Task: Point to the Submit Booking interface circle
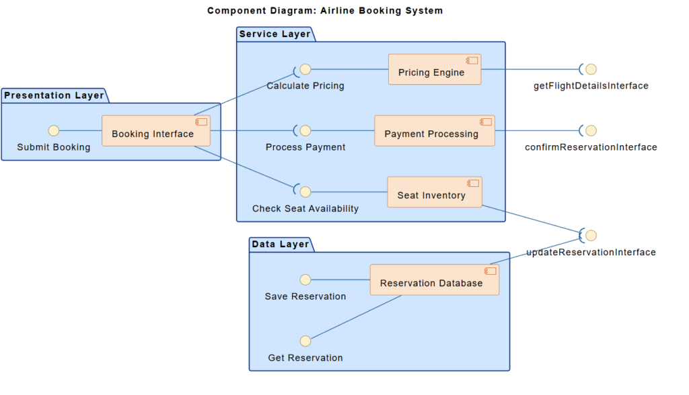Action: (54, 130)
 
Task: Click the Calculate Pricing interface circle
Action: (305, 69)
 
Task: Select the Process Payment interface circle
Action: (305, 130)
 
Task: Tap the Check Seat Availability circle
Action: (305, 192)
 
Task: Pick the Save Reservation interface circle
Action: (305, 279)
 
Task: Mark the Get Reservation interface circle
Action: (305, 341)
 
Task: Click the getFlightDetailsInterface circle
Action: (591, 69)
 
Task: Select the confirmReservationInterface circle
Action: (591, 130)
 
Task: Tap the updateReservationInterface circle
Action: (591, 235)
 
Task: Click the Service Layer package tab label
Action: (275, 34)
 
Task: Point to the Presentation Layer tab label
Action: (55, 95)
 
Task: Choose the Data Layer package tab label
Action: (281, 244)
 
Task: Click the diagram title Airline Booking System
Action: (325, 11)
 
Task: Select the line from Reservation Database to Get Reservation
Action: (357, 317)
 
